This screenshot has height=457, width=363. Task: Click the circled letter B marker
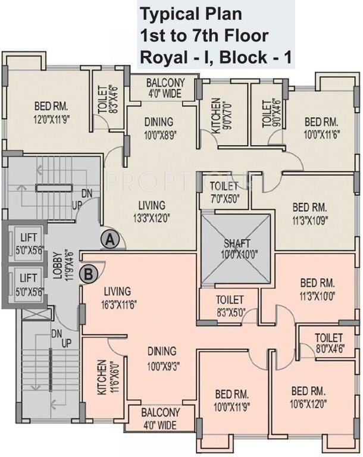click(x=89, y=274)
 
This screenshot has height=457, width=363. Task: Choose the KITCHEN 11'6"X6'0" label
click(x=105, y=377)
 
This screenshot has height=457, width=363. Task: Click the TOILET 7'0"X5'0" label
click(x=225, y=192)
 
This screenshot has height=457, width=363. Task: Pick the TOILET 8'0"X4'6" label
click(x=328, y=342)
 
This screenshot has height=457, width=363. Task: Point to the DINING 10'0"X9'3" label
click(x=162, y=356)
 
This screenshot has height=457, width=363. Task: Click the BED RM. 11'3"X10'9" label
click(x=309, y=214)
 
